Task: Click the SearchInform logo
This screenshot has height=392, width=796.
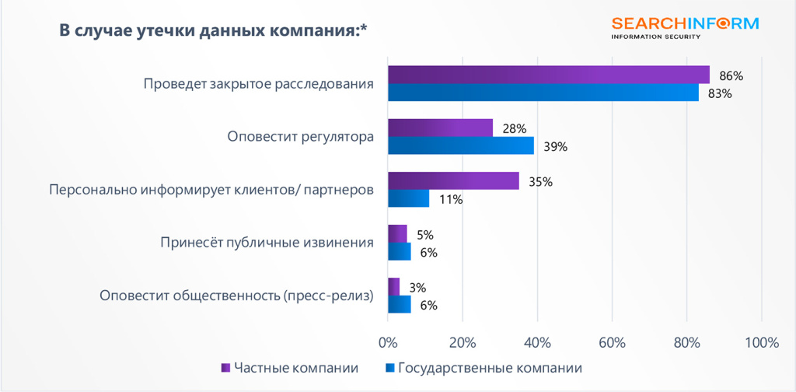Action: [x=684, y=27]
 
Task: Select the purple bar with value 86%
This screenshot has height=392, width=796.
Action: [x=548, y=75]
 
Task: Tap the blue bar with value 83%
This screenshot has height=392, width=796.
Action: [x=543, y=93]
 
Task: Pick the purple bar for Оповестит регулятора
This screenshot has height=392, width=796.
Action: [x=440, y=128]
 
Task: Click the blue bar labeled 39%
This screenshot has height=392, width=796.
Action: [x=460, y=145]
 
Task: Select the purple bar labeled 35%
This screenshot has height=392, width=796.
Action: [x=452, y=180]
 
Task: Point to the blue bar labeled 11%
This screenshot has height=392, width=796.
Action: [x=408, y=198]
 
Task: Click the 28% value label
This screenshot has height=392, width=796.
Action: [x=515, y=128]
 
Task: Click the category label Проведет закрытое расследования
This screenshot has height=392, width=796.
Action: [x=258, y=83]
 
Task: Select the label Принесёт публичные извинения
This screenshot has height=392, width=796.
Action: [x=266, y=242]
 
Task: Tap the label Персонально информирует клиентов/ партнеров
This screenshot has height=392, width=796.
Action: [x=211, y=189]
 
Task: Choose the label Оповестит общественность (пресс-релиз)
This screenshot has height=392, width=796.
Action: [x=236, y=296]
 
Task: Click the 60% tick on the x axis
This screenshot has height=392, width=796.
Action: [x=612, y=342]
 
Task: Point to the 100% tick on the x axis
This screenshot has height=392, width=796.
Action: [x=761, y=342]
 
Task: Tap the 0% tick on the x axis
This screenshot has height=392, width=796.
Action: [x=387, y=342]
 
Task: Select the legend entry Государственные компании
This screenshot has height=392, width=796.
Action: [x=483, y=368]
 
